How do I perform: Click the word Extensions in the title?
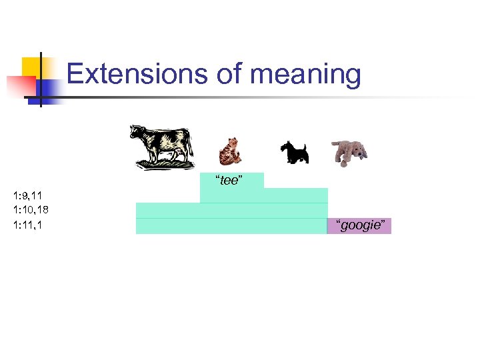coord(137,75)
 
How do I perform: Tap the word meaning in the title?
coord(305,75)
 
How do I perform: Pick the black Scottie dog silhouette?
coord(294,153)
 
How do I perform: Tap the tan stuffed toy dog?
coord(349,151)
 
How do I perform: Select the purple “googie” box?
coord(359,226)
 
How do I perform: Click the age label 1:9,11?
coord(27,196)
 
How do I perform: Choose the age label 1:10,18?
coord(30,210)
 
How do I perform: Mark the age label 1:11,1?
coord(27,225)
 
